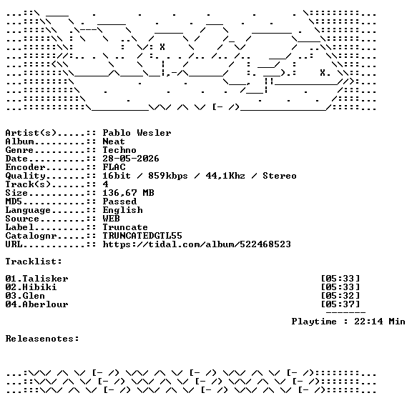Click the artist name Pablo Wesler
(x=137, y=133)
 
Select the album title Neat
(x=114, y=141)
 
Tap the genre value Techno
(x=119, y=150)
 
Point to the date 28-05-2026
(x=131, y=159)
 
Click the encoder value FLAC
(x=114, y=167)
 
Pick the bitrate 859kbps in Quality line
(x=168, y=176)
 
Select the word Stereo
(x=280, y=176)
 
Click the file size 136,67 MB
(x=128, y=193)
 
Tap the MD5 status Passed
(x=119, y=201)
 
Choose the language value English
(x=122, y=210)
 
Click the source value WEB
(x=111, y=219)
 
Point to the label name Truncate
(x=125, y=227)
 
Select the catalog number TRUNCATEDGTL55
(x=142, y=236)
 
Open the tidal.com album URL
(x=197, y=244)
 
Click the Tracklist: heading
(x=34, y=262)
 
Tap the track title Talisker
(x=45, y=279)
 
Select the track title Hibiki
(x=39, y=287)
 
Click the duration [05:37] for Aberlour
(x=340, y=304)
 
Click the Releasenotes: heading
(x=42, y=339)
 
